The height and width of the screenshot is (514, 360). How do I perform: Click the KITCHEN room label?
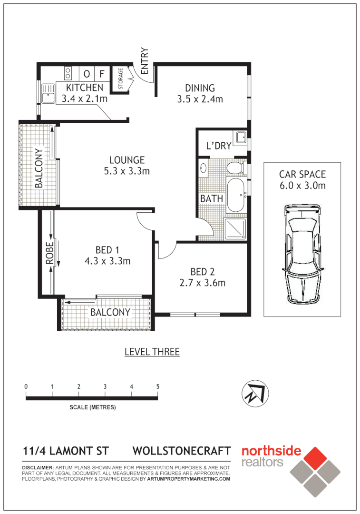84,88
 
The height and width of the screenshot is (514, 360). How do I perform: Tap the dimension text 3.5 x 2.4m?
200,99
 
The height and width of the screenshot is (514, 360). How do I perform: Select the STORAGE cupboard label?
120,79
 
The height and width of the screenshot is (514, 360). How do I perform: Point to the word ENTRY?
145,60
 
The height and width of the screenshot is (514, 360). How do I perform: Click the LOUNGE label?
126,160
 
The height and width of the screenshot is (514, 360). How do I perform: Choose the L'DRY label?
218,146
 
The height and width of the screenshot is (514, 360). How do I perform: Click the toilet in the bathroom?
234,168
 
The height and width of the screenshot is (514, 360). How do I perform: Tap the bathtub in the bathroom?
235,196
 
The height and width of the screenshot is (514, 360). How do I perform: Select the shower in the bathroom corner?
235,228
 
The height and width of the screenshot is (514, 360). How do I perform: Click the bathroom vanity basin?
204,168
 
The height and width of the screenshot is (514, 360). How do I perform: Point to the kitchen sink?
48,93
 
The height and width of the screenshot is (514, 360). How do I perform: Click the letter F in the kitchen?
101,74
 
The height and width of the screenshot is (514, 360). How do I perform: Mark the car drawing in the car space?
302,255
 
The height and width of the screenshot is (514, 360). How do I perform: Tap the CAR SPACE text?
302,175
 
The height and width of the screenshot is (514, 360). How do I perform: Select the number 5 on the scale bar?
157,386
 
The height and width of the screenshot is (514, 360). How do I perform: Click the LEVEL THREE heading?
152,352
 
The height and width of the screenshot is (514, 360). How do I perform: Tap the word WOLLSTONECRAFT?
182,451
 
